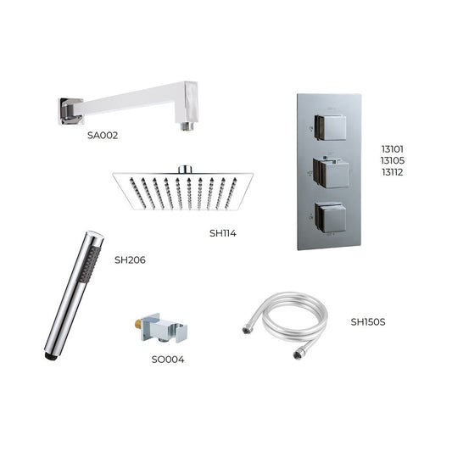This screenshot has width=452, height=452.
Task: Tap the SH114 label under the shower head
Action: point(223,232)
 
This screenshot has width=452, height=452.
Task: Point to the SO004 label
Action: point(167,359)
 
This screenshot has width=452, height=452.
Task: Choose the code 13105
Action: point(391,159)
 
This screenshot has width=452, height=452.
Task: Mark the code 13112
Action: point(391,172)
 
